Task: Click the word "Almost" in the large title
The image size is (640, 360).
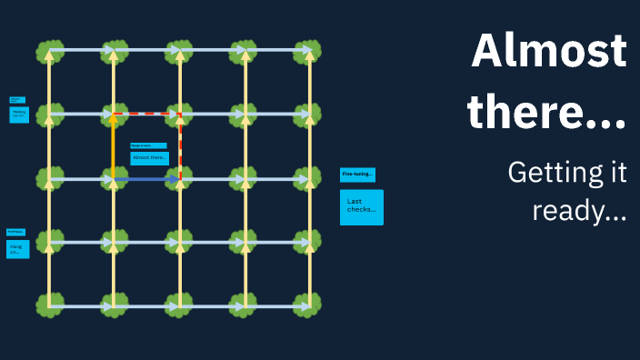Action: coord(549,51)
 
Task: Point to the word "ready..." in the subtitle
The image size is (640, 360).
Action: coord(579,213)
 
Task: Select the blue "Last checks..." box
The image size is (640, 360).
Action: coord(361,207)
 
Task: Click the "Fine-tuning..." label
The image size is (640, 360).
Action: coord(357,175)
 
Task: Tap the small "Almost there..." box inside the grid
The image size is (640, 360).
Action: coord(149,158)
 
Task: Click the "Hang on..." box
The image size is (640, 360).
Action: coord(17,248)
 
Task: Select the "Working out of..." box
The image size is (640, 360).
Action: coord(19,115)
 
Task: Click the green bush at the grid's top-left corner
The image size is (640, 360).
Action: coord(49,51)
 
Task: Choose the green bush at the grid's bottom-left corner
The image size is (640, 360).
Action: coord(49,305)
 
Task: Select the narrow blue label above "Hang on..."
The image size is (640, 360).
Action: coord(15,233)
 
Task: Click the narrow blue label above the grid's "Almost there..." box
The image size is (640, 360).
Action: coord(148,145)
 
